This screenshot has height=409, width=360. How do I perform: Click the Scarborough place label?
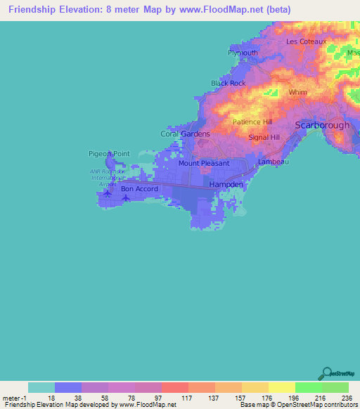pyautogui.click(x=322, y=124)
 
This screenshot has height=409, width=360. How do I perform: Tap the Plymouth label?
pyautogui.click(x=243, y=53)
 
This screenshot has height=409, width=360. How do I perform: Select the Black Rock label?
pyautogui.click(x=229, y=83)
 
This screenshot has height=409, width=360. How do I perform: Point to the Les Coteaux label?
pyautogui.click(x=307, y=41)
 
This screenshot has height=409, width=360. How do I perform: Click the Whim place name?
pyautogui.click(x=298, y=92)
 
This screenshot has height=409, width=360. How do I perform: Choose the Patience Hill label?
pyautogui.click(x=252, y=122)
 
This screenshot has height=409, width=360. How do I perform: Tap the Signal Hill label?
pyautogui.click(x=264, y=137)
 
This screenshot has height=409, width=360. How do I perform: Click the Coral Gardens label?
pyautogui.click(x=186, y=134)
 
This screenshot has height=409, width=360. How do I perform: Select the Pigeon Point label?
pyautogui.click(x=109, y=153)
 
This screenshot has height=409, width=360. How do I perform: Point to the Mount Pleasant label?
pyautogui.click(x=204, y=163)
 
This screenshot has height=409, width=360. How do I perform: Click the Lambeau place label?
pyautogui.click(x=274, y=162)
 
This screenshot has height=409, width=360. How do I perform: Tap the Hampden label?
pyautogui.click(x=226, y=185)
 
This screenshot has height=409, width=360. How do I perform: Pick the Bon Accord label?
pyautogui.click(x=139, y=188)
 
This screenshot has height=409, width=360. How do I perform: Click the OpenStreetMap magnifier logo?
pyautogui.click(x=328, y=374)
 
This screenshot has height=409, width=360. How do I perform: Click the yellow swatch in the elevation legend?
pyautogui.click(x=281, y=387)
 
